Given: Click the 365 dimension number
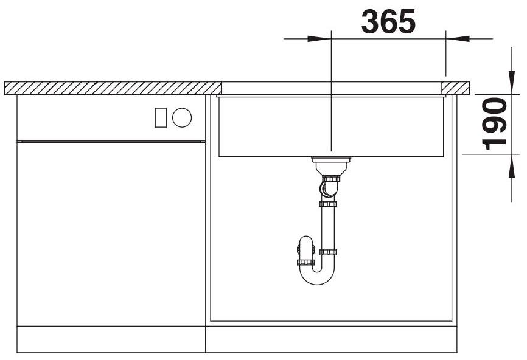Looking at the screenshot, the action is (x=388, y=21).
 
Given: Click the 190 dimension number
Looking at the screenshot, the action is (x=494, y=123).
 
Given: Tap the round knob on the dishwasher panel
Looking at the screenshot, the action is (x=182, y=118).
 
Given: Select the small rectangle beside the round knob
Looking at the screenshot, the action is (x=161, y=118).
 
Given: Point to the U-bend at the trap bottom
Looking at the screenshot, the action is (x=317, y=276).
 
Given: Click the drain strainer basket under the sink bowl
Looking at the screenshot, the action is (x=331, y=165).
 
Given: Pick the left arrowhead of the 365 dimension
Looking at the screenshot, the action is (x=319, y=39).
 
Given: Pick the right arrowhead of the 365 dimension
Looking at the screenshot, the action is (x=458, y=39).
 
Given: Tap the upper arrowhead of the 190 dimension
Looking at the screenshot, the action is (x=512, y=82).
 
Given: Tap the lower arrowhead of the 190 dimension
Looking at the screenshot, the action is (x=512, y=166).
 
